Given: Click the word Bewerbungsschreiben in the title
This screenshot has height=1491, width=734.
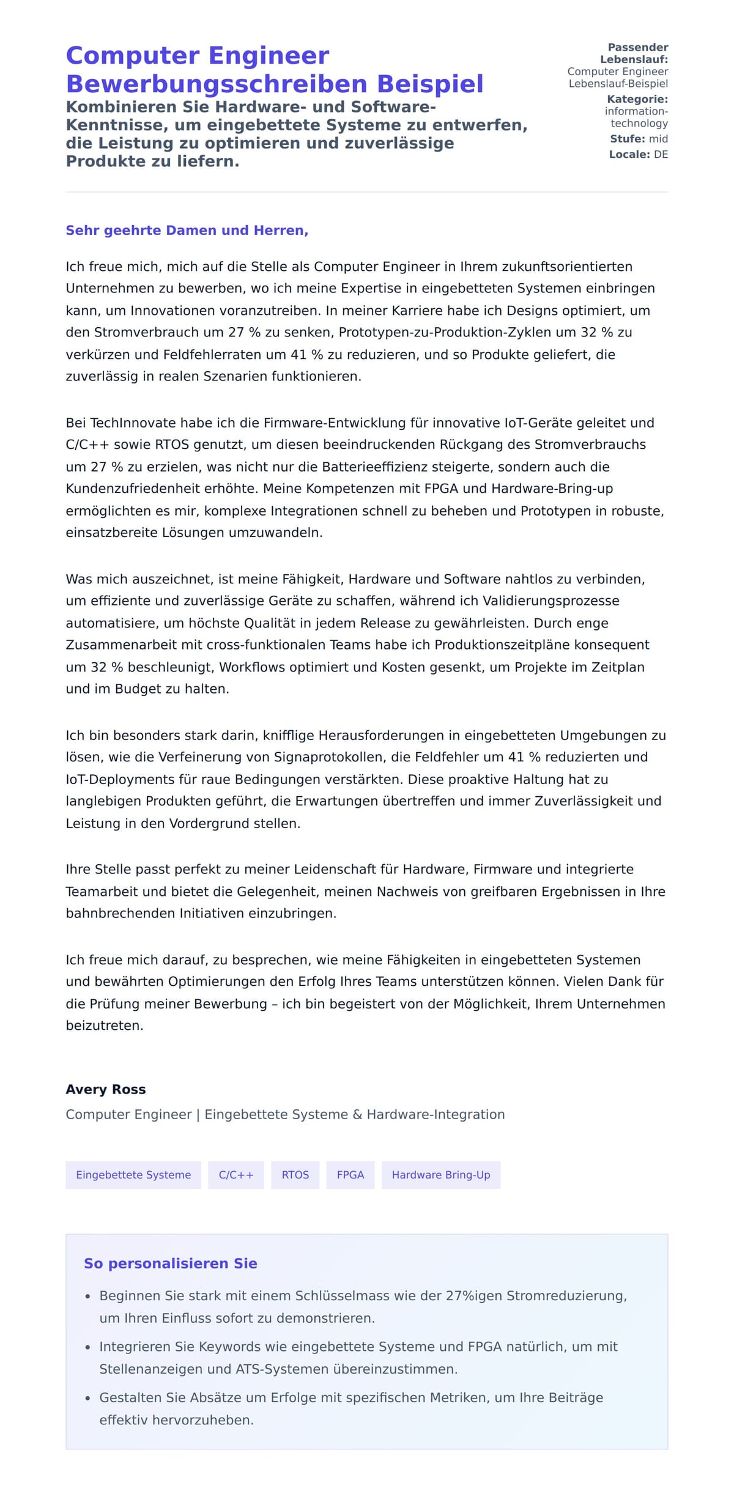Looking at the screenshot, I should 218,84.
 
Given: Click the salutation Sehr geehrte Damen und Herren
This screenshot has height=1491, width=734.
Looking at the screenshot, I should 187,231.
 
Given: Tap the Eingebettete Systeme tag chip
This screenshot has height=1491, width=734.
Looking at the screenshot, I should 133,1175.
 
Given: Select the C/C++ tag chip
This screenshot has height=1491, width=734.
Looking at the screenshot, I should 236,1175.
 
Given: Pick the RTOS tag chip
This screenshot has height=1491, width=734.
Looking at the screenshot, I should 295,1175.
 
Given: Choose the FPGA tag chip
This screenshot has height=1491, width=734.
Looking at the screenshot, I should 350,1175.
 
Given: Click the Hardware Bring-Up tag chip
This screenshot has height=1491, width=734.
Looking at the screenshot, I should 441,1175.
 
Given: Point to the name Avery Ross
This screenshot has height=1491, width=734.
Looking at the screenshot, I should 106,1089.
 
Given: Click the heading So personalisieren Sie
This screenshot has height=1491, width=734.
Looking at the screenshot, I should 171,1263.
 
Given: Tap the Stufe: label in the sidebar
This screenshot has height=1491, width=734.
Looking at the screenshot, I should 628,139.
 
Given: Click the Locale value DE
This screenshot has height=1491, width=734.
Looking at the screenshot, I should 661,155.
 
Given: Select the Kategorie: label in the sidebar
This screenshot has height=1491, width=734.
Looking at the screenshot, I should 637,99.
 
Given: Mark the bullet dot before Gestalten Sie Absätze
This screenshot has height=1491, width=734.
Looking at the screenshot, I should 88,1399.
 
